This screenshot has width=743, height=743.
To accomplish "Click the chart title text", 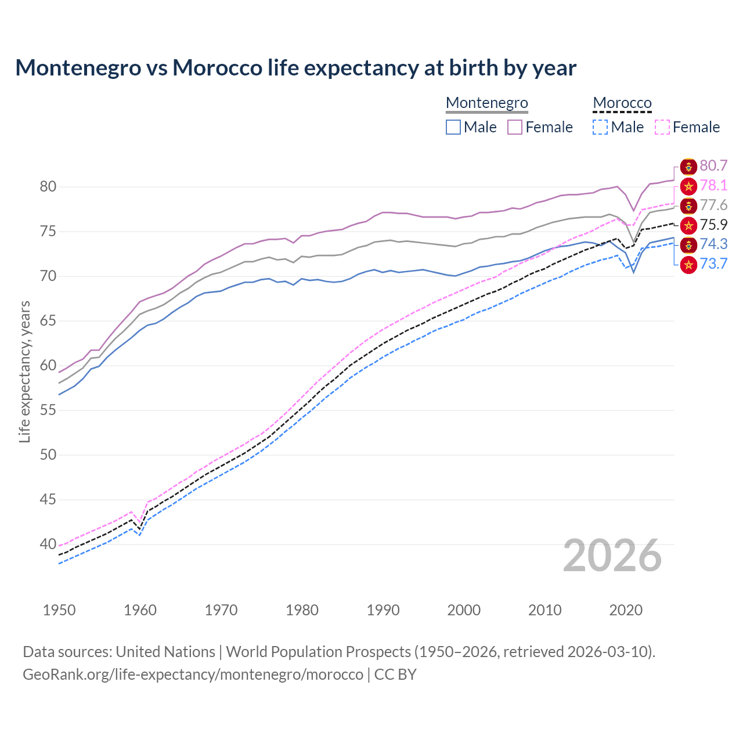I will (x=295, y=68).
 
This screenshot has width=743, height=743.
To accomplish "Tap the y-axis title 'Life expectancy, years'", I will (x=24, y=371).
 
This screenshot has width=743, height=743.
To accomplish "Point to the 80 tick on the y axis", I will (x=48, y=187).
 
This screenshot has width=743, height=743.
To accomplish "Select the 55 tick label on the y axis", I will (x=48, y=410).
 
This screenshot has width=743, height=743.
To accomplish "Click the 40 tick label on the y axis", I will (x=48, y=544).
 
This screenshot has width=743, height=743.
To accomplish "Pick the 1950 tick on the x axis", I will (x=59, y=610).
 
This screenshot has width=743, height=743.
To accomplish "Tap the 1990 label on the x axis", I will (x=383, y=610).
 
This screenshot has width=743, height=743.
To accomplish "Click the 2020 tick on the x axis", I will (x=626, y=610).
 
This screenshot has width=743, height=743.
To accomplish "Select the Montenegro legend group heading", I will (x=486, y=103).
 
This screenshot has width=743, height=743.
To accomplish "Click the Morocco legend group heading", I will (x=622, y=103).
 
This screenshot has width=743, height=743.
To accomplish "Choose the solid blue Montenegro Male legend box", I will (x=453, y=127).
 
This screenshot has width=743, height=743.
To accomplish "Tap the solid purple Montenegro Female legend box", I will (x=515, y=127).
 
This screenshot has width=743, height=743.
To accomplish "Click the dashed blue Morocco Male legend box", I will (x=600, y=127).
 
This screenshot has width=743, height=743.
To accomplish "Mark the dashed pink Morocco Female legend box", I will (x=662, y=127).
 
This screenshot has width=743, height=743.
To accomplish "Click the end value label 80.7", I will (x=713, y=166).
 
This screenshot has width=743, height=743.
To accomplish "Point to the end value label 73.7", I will (x=713, y=264).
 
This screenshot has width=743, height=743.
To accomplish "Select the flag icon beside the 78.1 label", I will (x=688, y=186).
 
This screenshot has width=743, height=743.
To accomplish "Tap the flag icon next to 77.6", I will (x=688, y=205).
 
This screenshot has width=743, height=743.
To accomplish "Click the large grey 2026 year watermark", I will (x=612, y=556).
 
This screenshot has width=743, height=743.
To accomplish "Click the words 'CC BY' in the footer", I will (x=395, y=675).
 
